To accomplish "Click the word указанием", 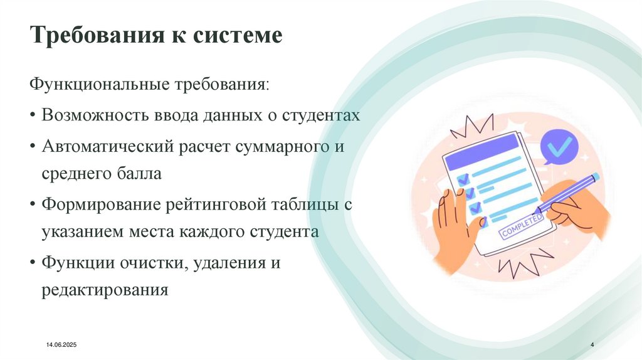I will [79, 231].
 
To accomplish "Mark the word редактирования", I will [105, 290].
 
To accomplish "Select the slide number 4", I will [593, 346].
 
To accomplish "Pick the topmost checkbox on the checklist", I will [463, 179].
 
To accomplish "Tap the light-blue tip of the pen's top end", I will [595, 177].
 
